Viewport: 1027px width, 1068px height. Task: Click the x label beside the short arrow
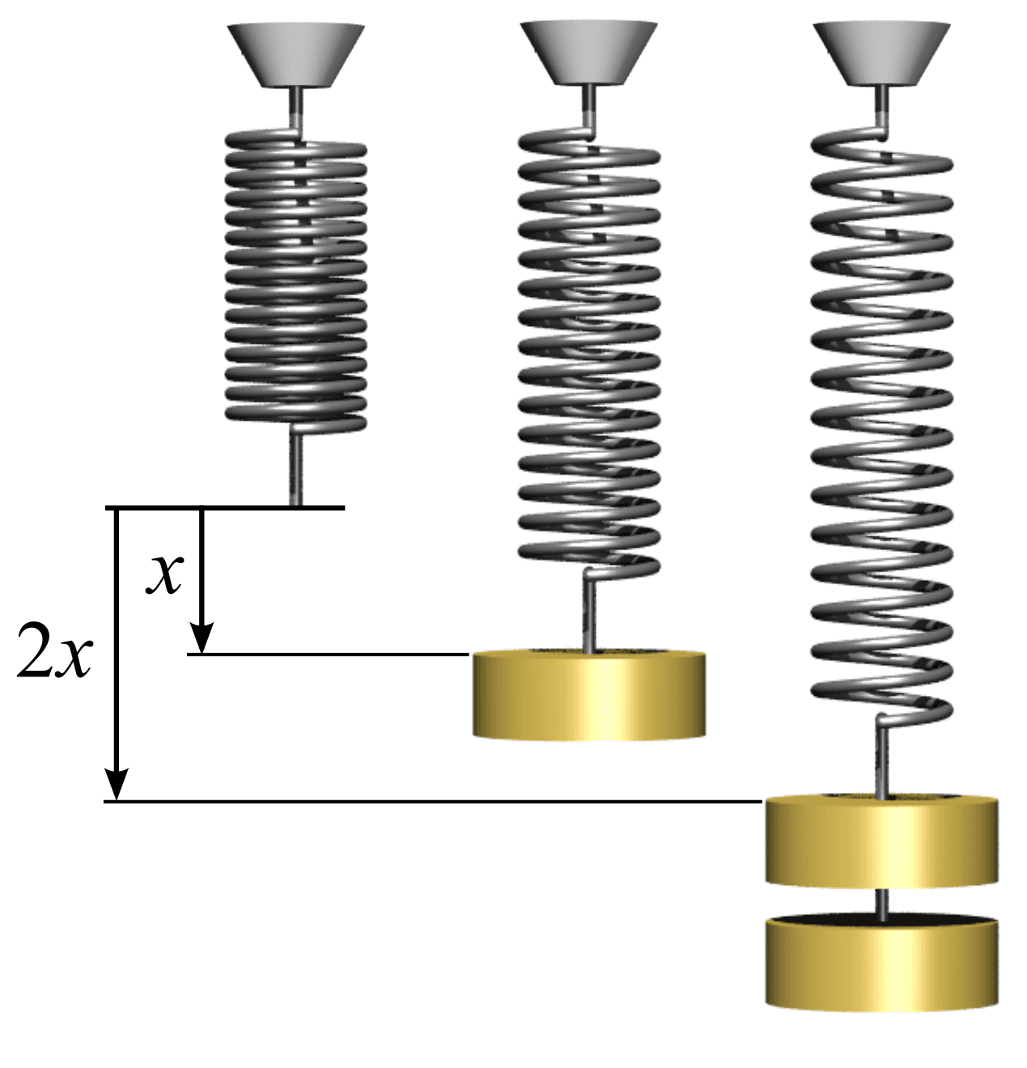click(165, 574)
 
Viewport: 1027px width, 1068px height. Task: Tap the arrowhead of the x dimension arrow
click(202, 638)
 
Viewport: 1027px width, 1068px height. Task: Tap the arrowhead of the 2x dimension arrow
click(117, 785)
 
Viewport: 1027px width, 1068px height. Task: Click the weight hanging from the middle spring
click(588, 696)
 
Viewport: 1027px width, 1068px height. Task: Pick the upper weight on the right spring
click(881, 841)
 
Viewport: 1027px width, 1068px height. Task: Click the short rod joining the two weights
click(882, 903)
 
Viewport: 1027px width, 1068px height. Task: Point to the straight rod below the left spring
click(295, 469)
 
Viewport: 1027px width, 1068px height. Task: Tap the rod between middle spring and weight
click(589, 615)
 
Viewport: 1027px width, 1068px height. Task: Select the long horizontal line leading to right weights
click(437, 802)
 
